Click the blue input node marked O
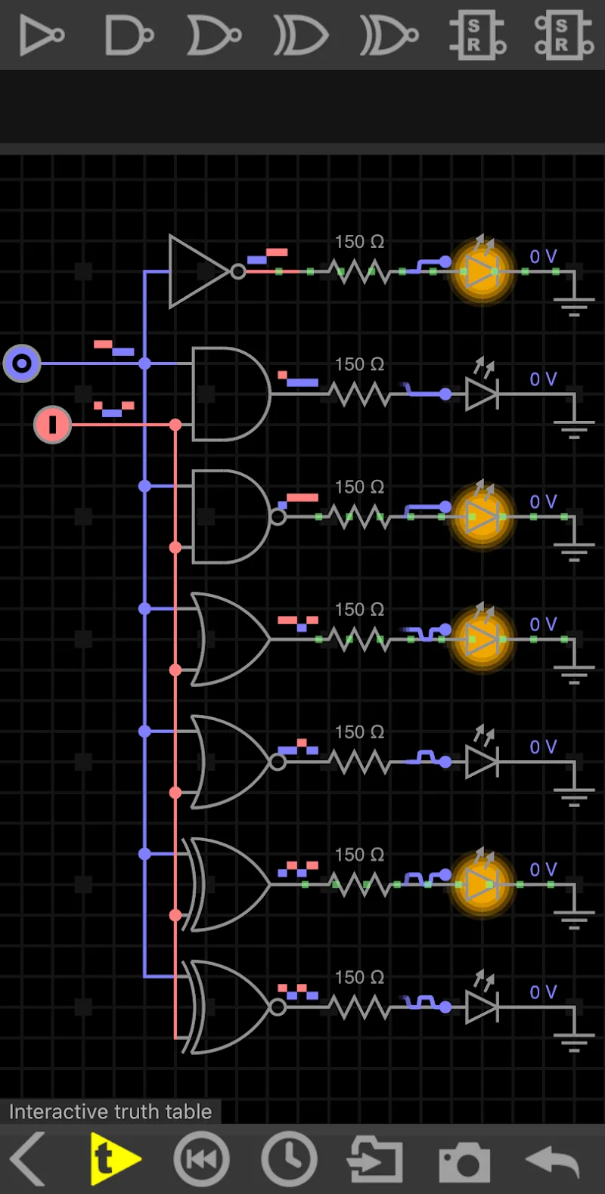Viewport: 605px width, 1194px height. click(x=22, y=363)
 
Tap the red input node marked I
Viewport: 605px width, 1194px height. click(x=52, y=424)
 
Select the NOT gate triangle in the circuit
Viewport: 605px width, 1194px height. click(x=197, y=271)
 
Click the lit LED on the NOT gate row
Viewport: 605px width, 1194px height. click(x=482, y=271)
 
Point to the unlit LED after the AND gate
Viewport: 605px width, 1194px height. click(x=482, y=394)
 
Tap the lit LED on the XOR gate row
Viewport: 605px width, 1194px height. click(x=482, y=884)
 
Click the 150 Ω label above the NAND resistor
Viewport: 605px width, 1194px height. click(x=359, y=487)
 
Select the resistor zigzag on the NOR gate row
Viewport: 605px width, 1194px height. click(x=360, y=762)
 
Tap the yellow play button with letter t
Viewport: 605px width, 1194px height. click(x=113, y=1158)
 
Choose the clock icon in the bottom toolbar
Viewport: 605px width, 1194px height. click(x=289, y=1158)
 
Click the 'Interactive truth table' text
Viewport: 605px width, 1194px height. click(x=110, y=1112)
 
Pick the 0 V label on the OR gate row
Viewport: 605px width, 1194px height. click(x=543, y=624)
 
